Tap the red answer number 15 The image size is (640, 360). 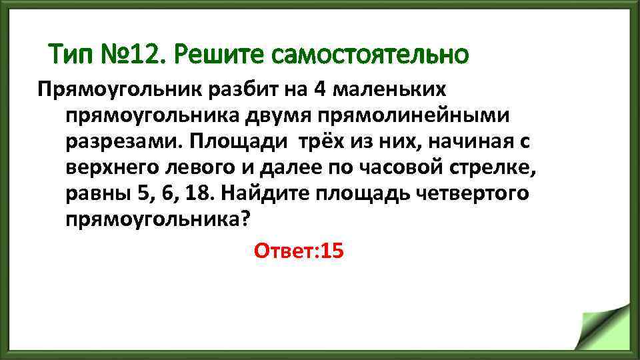click(x=331, y=251)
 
